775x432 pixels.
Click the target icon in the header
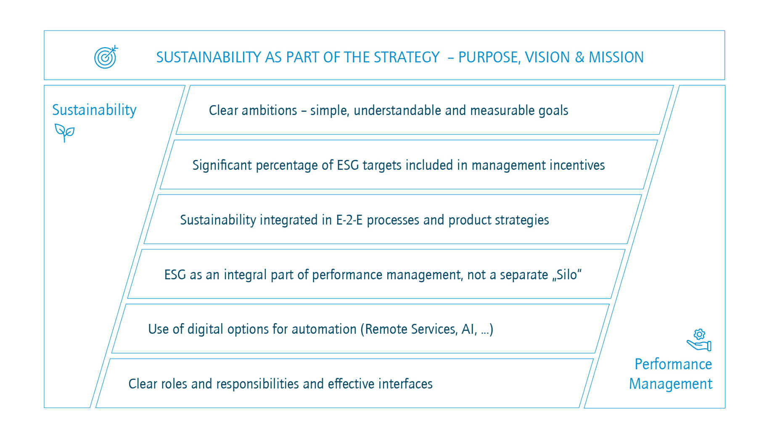(x=106, y=57)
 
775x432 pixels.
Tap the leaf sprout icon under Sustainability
(x=64, y=132)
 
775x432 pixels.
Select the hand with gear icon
(x=699, y=340)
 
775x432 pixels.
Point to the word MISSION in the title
(x=616, y=57)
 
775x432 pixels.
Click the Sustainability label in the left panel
(x=94, y=110)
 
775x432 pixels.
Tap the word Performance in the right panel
(x=673, y=364)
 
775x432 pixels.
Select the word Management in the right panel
(x=670, y=384)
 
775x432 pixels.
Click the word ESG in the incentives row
(x=348, y=165)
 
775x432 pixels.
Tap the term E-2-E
(x=349, y=220)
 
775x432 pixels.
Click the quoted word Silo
(x=567, y=275)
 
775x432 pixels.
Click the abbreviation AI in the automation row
(x=468, y=329)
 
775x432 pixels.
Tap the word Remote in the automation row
(x=386, y=329)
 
